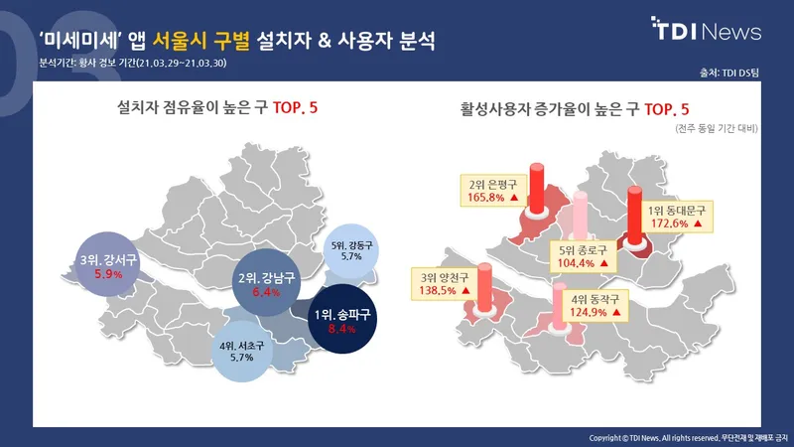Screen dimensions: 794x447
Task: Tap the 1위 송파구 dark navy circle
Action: tap(342, 319)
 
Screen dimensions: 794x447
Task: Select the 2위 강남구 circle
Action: tap(266, 283)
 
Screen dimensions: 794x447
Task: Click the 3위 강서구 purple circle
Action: tap(107, 264)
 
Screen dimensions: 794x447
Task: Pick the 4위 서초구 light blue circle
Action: tap(241, 352)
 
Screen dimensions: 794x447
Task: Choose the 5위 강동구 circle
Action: tap(351, 251)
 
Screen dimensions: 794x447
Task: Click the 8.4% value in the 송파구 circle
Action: tap(342, 329)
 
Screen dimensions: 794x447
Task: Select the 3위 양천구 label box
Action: tap(444, 284)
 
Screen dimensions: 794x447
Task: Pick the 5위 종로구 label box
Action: tap(584, 256)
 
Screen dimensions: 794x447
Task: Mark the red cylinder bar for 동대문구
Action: tap(634, 216)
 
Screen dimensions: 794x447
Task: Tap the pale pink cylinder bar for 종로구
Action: tap(581, 216)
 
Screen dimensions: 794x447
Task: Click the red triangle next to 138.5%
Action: tap(465, 291)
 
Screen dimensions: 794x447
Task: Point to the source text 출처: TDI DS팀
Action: tap(729, 73)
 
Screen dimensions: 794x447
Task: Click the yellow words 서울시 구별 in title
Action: tap(201, 41)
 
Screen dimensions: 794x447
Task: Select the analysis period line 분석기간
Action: tap(133, 64)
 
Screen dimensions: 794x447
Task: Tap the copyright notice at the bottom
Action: tap(688, 438)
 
